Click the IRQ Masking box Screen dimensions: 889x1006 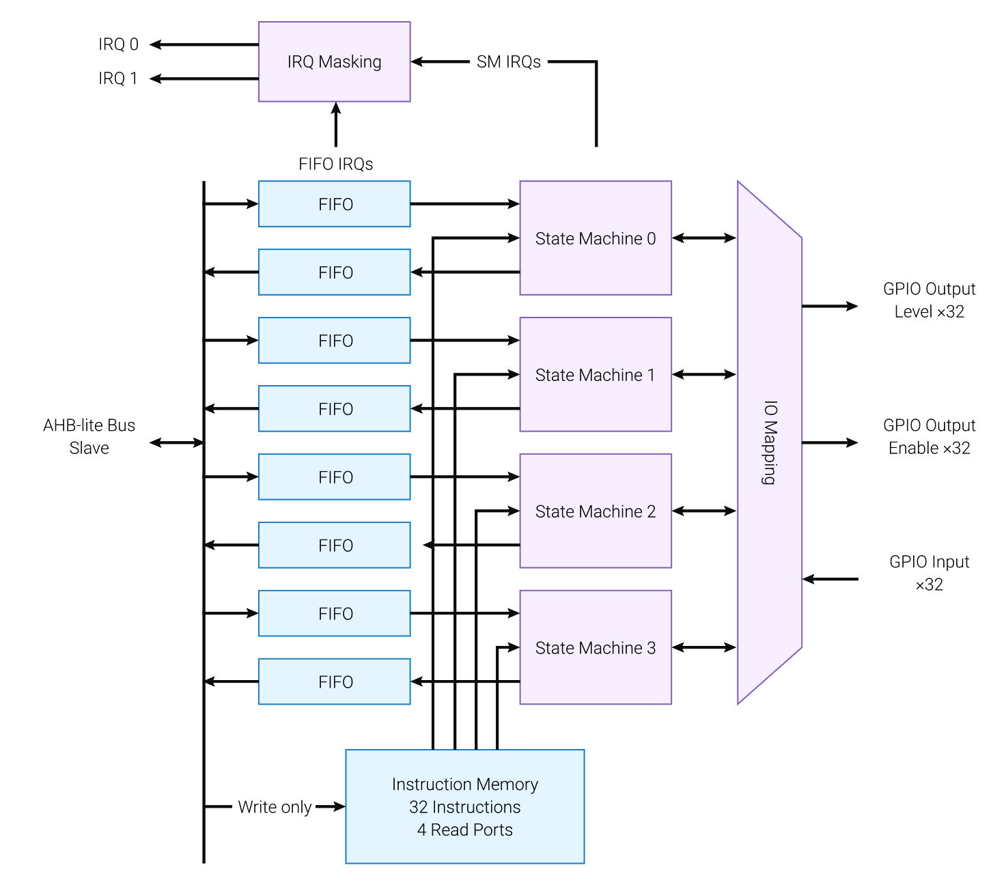point(334,61)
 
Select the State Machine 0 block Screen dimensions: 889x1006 point(595,238)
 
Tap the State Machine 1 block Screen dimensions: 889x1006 point(595,374)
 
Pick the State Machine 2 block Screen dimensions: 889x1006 point(595,511)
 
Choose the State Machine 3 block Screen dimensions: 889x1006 point(595,647)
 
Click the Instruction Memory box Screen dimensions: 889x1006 point(464,806)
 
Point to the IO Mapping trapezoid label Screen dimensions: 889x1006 point(770,442)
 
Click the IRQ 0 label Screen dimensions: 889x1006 point(118,44)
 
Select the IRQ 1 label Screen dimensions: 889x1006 point(118,79)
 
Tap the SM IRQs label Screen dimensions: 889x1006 point(508,61)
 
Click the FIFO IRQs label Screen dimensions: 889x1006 point(335,164)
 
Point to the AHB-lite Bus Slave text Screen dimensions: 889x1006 point(89,436)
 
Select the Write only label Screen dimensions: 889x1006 point(275,807)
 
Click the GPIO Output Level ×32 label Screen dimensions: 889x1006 point(929,300)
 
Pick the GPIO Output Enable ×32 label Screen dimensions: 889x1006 point(929,436)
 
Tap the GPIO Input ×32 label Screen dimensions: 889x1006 point(929,573)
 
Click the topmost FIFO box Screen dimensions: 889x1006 point(334,203)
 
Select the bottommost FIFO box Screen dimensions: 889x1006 point(334,681)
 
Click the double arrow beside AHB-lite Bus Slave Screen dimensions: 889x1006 point(177,442)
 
